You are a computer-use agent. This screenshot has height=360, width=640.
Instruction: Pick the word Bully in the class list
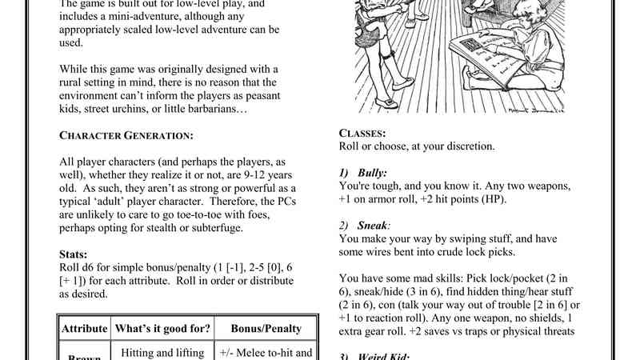tap(372, 173)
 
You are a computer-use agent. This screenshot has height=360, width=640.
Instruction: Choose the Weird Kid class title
tap(384, 356)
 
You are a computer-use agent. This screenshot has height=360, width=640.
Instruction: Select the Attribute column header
tap(85, 329)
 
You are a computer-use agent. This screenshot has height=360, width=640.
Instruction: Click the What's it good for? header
tap(163, 329)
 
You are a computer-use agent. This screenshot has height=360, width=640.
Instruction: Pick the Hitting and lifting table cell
tap(163, 350)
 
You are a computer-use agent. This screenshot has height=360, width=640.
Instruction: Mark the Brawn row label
tap(85, 357)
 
